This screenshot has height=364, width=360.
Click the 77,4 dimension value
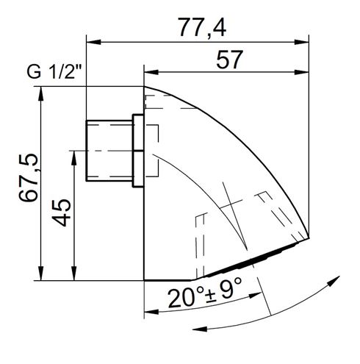point(203,27)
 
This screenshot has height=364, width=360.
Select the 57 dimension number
point(229,60)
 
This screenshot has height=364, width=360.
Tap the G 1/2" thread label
point(54,72)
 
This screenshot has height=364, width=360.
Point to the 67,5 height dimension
point(29,178)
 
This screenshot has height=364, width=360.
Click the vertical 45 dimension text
point(62,213)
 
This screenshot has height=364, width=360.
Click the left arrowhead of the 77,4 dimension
point(93,42)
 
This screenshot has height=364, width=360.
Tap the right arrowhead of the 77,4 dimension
point(301,42)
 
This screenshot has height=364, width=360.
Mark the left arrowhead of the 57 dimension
point(151,72)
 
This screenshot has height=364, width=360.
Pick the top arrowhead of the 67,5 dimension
point(41,93)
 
